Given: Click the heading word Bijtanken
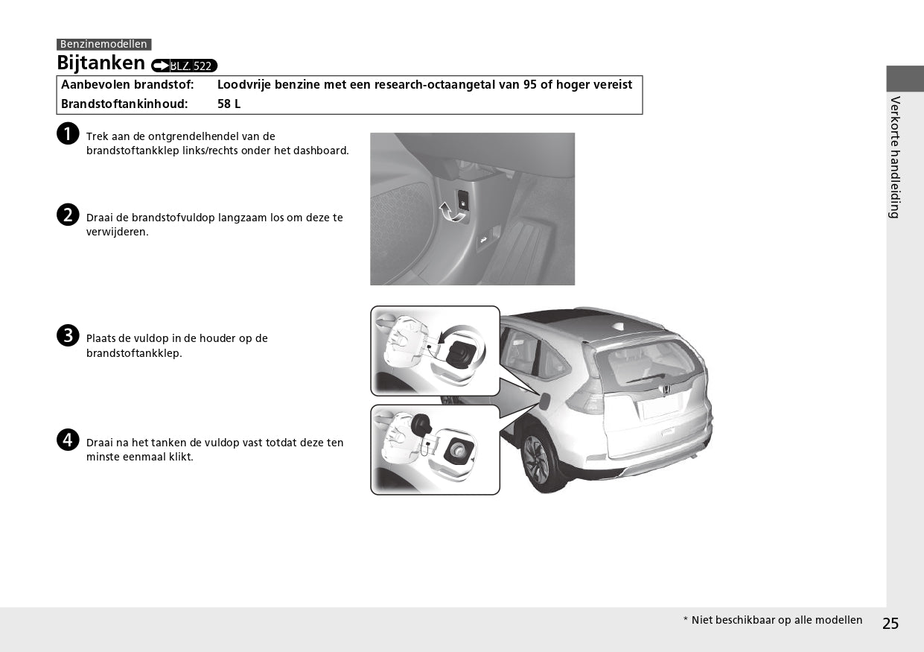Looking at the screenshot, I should pyautogui.click(x=101, y=63).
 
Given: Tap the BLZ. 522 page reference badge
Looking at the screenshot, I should pyautogui.click(x=184, y=66).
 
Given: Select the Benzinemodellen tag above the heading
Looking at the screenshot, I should pyautogui.click(x=103, y=45).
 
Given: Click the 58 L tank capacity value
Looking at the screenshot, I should pyautogui.click(x=229, y=104).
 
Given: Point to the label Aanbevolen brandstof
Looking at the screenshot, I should pyautogui.click(x=127, y=85).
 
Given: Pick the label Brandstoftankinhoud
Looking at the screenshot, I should pyautogui.click(x=124, y=104).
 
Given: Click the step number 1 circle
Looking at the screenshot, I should pyautogui.click(x=68, y=134).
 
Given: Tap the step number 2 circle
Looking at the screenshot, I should pyautogui.click(x=68, y=215).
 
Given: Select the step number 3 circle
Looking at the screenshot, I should pyautogui.click(x=68, y=335).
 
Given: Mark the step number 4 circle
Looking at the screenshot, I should pyautogui.click(x=68, y=440).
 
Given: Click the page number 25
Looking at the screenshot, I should pyautogui.click(x=890, y=624).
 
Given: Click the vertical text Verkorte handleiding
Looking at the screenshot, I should pyautogui.click(x=895, y=156).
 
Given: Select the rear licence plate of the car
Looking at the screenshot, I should pyautogui.click(x=661, y=407).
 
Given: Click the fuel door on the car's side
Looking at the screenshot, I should pyautogui.click(x=545, y=400).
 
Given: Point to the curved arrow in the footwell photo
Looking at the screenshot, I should pyautogui.click(x=450, y=213).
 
